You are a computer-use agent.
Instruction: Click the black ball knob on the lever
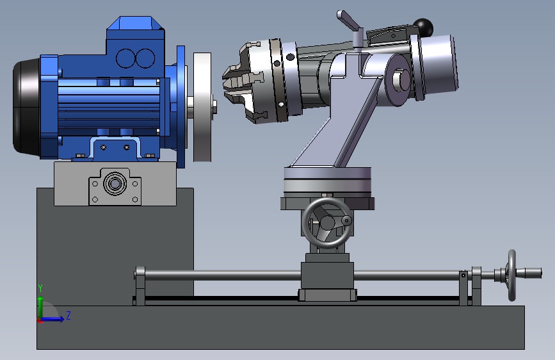click(x=423, y=28)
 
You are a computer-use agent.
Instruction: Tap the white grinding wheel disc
click(x=202, y=107)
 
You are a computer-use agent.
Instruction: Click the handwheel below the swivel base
click(x=327, y=222)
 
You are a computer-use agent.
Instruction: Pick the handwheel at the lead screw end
click(x=512, y=275)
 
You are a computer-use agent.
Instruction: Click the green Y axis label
click(x=40, y=288)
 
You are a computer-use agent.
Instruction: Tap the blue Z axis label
click(x=68, y=315)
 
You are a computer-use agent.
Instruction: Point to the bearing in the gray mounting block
click(x=115, y=184)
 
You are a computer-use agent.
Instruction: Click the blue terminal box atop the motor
click(x=136, y=42)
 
